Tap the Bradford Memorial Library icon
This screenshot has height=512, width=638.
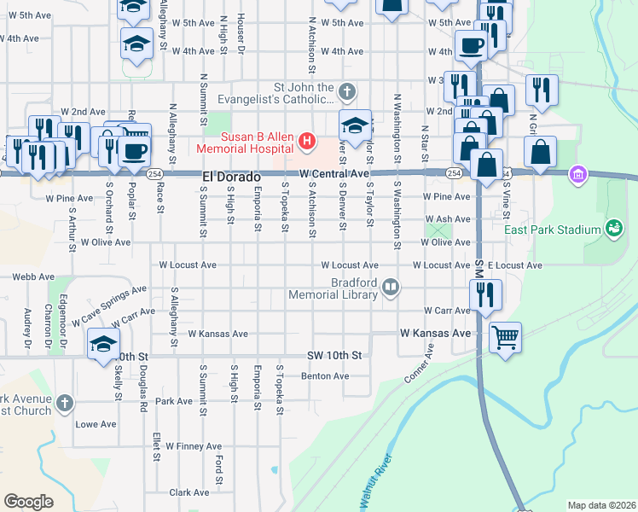click(x=391, y=287)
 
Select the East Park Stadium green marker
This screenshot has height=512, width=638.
click(x=613, y=228)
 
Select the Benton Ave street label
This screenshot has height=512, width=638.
click(x=325, y=376)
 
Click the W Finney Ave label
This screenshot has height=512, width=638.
click(x=194, y=446)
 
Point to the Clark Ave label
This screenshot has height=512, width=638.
click(x=189, y=492)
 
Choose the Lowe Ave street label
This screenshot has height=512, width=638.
click(x=96, y=424)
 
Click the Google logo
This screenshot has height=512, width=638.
click(x=29, y=502)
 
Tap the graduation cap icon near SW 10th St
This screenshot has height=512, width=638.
click(x=103, y=345)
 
